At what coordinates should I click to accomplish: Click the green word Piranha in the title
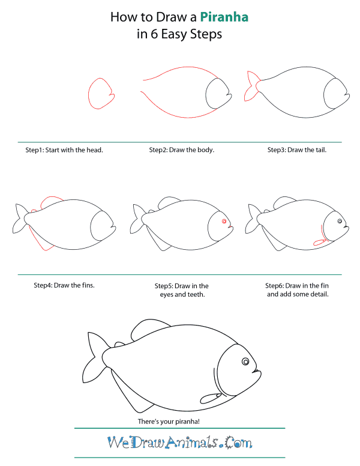click(x=224, y=17)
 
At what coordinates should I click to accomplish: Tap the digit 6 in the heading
click(x=154, y=34)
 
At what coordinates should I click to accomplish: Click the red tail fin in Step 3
click(x=252, y=86)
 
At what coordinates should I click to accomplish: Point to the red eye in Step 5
click(x=224, y=222)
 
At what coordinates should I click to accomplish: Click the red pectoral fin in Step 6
click(x=320, y=243)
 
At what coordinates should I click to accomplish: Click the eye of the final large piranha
click(x=245, y=362)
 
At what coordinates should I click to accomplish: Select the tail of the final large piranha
click(x=95, y=357)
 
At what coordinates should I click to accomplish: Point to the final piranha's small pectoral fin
click(x=211, y=398)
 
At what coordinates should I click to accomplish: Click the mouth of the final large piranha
click(x=256, y=371)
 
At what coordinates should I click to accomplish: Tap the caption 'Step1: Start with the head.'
click(x=64, y=150)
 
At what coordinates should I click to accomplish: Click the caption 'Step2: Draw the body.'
click(x=181, y=150)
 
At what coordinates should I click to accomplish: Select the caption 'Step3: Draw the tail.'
click(x=297, y=150)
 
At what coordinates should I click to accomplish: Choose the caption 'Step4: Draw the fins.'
click(x=64, y=285)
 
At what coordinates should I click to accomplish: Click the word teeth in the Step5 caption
click(x=196, y=294)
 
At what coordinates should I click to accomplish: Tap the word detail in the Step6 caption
click(x=320, y=294)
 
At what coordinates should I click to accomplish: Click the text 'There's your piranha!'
click(x=169, y=422)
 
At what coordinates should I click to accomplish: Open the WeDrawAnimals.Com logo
click(x=180, y=443)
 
